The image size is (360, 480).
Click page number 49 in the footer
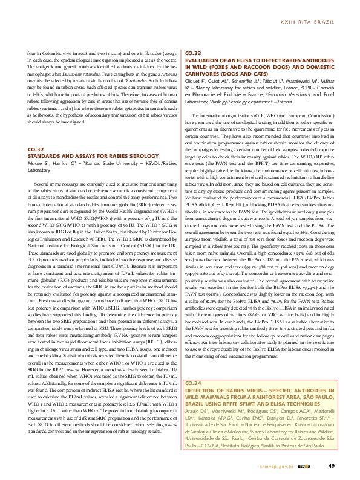(x=331, y=465)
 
